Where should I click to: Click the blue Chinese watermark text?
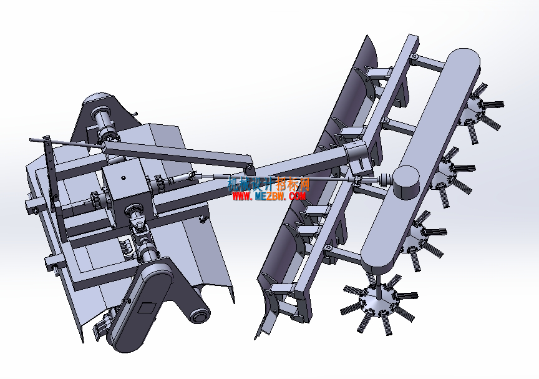coord(269,184)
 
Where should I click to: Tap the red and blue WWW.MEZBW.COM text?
coord(269,196)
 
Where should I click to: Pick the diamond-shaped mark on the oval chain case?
coord(147,307)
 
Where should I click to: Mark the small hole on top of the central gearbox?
coord(123,178)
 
